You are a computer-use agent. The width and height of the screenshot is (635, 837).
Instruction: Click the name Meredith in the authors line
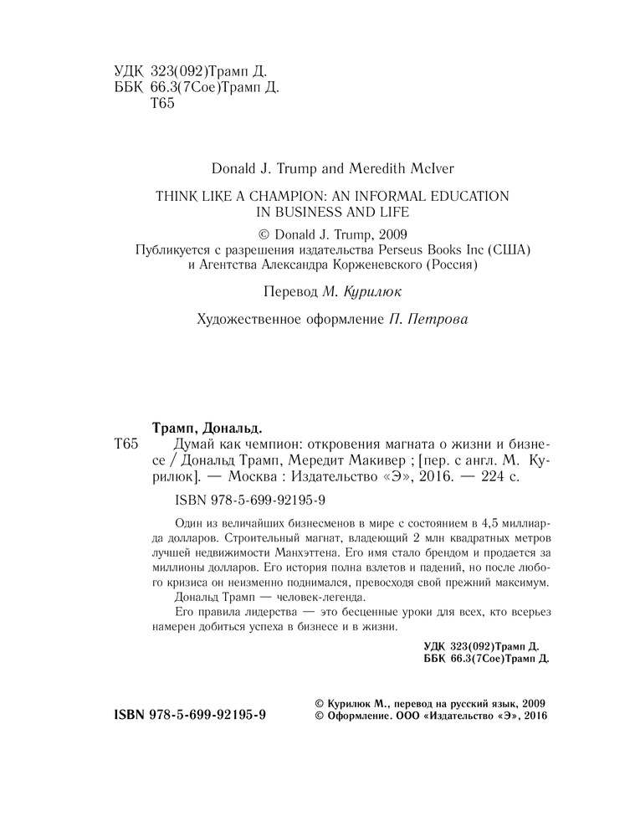click(366, 167)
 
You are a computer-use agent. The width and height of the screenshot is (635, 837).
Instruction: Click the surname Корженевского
click(369, 267)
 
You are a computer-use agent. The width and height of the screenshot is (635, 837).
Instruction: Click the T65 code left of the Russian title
click(127, 444)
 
